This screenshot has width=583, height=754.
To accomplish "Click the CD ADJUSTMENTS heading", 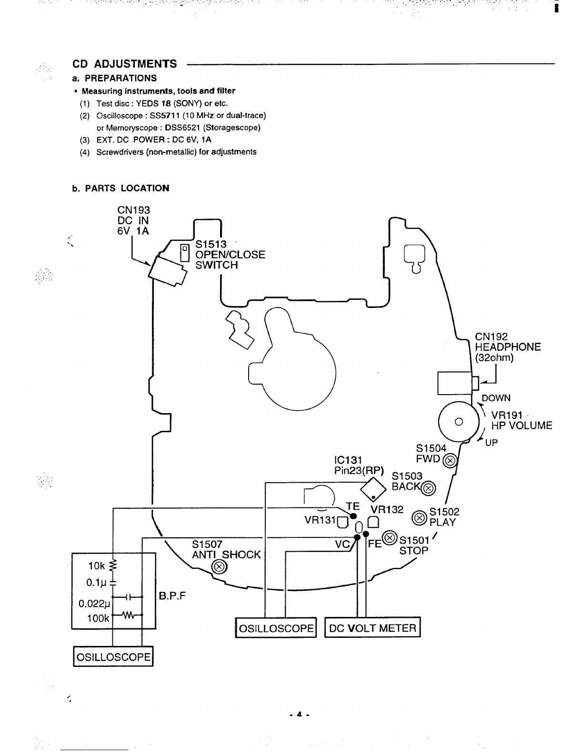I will (124, 64).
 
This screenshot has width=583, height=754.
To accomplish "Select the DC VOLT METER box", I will (372, 628).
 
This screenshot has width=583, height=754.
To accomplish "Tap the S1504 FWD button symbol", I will (450, 461).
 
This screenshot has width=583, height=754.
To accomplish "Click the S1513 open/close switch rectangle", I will (185, 254).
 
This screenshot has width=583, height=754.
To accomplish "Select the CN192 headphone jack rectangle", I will (455, 383).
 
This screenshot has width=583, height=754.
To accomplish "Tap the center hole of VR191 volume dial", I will (458, 421).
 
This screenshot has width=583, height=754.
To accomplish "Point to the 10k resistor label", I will (96, 566).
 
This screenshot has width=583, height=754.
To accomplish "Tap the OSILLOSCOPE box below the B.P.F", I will (113, 657).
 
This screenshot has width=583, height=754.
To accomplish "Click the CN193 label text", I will (133, 210).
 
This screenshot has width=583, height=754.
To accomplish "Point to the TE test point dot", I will (353, 516).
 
